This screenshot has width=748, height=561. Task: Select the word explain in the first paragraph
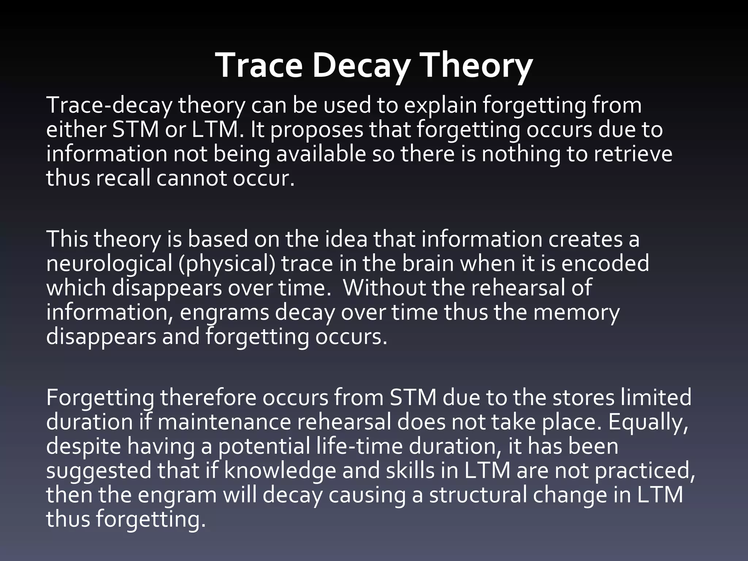(x=440, y=106)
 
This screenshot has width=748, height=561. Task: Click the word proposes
(x=317, y=130)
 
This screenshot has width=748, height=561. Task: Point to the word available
(x=321, y=154)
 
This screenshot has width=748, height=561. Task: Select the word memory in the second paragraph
(x=576, y=313)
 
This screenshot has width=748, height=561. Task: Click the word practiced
(x=644, y=471)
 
